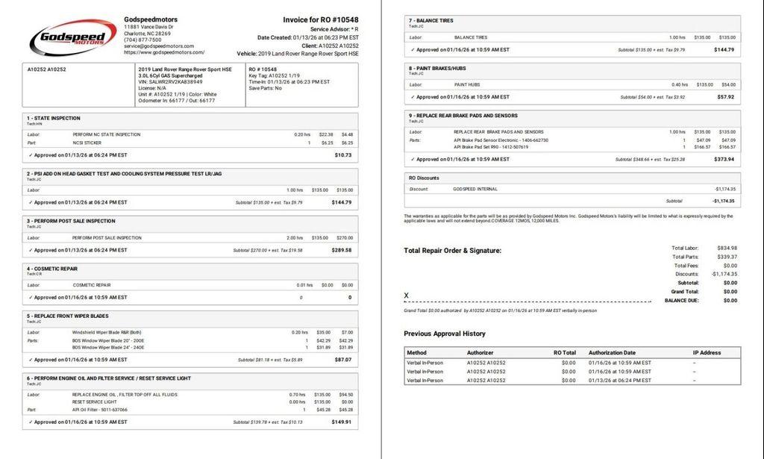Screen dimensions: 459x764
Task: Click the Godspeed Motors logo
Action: tap(73, 37)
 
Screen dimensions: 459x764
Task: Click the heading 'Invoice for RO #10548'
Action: tap(320, 20)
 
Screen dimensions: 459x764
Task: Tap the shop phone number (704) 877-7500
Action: tap(143, 40)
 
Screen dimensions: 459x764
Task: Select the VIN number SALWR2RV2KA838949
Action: tap(170, 82)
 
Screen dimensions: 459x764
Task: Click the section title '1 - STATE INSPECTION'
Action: tap(54, 118)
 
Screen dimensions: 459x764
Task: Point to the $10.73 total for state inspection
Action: tap(343, 154)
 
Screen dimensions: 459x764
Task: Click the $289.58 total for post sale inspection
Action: tap(342, 250)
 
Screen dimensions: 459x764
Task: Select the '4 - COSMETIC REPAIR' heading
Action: tap(52, 269)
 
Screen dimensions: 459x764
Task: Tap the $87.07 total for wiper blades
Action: tap(343, 360)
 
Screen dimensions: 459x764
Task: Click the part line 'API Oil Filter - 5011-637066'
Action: tap(100, 410)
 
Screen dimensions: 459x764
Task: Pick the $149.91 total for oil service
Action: tap(342, 422)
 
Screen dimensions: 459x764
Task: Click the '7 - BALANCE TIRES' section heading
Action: tap(431, 20)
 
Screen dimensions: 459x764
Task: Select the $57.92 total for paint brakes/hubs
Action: tap(725, 97)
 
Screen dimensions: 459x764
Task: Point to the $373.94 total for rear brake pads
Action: tap(724, 159)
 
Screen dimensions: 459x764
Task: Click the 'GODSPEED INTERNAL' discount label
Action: tap(475, 189)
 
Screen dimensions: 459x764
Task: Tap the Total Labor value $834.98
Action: tap(725, 248)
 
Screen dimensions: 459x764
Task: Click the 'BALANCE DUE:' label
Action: tap(682, 301)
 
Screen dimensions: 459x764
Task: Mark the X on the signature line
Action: tap(407, 296)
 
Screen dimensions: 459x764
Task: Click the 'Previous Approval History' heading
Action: tap(445, 334)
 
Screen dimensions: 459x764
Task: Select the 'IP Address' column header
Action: tap(707, 352)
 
